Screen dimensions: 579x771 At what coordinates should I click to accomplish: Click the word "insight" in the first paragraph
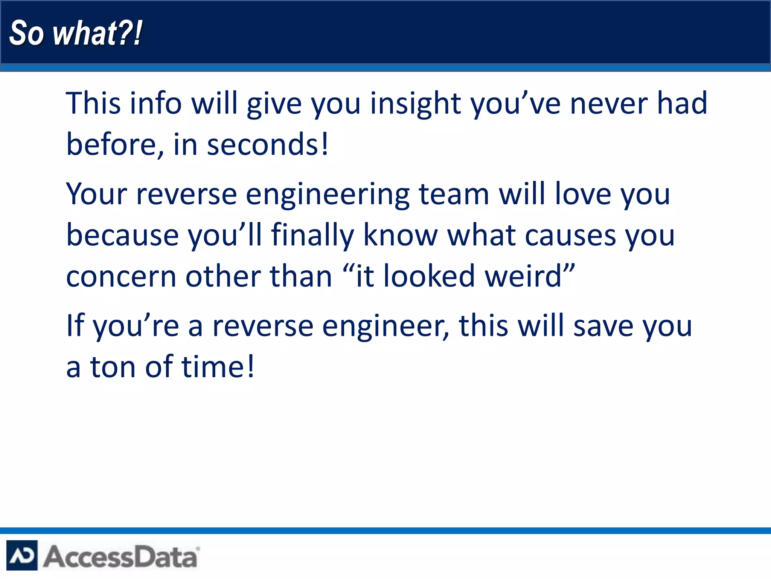[x=415, y=104]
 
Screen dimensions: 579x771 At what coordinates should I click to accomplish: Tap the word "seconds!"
[x=268, y=145]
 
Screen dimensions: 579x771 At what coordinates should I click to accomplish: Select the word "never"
[x=609, y=104]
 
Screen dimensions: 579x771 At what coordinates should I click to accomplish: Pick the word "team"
[x=454, y=195]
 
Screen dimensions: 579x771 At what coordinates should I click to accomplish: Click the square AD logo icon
[x=22, y=555]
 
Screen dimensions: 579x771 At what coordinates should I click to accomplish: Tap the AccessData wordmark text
[x=120, y=556]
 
